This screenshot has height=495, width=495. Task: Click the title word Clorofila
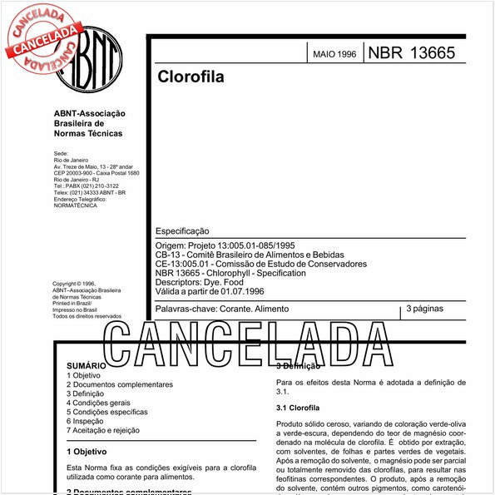[x=191, y=77]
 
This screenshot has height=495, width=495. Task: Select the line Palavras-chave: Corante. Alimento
[x=222, y=309]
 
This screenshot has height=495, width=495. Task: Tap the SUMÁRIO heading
[x=86, y=365]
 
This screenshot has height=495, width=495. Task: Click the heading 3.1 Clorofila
[x=298, y=408]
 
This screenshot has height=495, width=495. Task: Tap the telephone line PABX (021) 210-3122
[x=86, y=186]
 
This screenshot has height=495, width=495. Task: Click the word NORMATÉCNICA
[x=75, y=205]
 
